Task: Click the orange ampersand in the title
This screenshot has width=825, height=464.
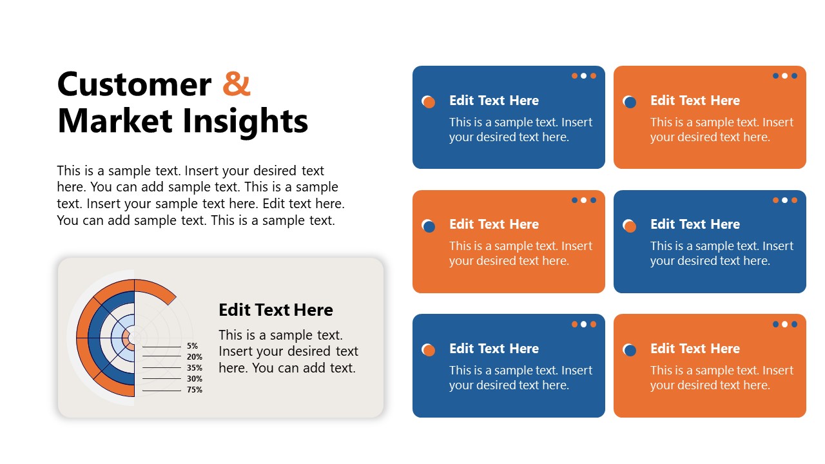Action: [x=237, y=84]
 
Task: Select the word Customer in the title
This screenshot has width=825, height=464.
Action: [x=134, y=84]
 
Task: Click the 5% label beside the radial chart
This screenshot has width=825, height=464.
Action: [x=193, y=346]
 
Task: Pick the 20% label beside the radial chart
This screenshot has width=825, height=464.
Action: [x=195, y=357]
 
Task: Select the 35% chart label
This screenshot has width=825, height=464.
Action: [x=195, y=368]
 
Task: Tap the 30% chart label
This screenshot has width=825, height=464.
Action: [x=195, y=379]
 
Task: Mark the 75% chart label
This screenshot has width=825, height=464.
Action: [x=195, y=390]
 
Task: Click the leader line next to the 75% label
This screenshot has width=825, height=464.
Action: [x=161, y=391]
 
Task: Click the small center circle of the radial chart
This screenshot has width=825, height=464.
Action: [x=134, y=337]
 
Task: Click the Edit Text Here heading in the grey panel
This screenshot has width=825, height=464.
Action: [x=276, y=310]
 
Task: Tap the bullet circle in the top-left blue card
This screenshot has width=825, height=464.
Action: [x=429, y=101]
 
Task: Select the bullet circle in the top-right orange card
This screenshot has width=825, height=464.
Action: [x=630, y=101]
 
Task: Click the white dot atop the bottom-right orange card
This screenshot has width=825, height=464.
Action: [x=784, y=324]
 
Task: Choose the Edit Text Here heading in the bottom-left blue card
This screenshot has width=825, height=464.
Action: [x=494, y=349]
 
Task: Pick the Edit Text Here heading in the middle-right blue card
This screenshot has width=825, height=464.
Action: [x=695, y=224]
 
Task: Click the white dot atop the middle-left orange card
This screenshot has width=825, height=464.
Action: [x=583, y=200]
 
